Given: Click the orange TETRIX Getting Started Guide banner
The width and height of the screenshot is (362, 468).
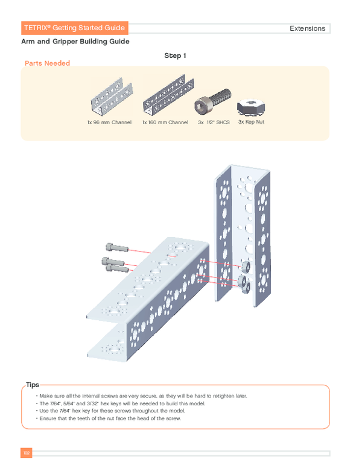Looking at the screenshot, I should tap(74, 28).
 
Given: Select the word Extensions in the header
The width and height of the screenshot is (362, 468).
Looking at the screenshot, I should tap(307, 28).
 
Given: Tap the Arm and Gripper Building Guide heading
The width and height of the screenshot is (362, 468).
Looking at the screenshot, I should tap(75, 42).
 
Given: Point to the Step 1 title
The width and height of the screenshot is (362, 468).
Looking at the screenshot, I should tap(176, 55).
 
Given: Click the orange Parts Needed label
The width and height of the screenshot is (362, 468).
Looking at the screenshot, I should tap(47, 63).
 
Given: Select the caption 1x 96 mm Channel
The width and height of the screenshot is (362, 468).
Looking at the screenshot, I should tap(109, 122).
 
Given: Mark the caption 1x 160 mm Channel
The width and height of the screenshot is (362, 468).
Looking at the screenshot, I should tap(165, 122).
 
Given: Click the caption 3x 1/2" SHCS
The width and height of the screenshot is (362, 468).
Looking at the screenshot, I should tap(214, 122).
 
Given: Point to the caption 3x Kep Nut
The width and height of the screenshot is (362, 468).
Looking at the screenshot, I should tap(251, 122).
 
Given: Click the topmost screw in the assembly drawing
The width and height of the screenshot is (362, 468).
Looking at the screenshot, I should tap(116, 247).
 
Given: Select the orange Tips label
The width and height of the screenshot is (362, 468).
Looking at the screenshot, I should tap(33, 384).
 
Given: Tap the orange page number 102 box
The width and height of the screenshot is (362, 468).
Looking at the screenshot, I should tap(26, 453).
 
